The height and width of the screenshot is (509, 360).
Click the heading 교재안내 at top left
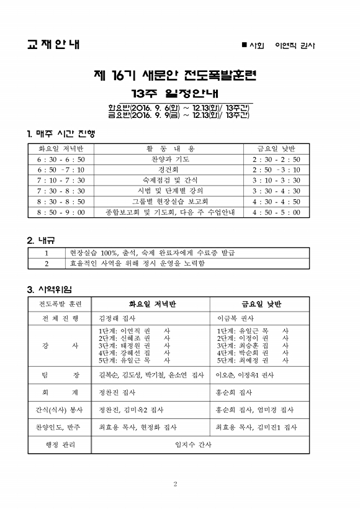(x=53, y=45)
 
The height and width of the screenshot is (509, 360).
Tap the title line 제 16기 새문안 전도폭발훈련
(x=179, y=76)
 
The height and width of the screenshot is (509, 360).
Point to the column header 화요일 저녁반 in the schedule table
(x=61, y=149)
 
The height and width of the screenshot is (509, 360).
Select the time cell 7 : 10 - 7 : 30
(x=61, y=181)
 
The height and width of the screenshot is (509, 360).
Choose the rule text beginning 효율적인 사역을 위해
(x=137, y=263)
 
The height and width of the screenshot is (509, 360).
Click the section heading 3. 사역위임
(x=50, y=289)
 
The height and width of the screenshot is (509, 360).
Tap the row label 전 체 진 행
(x=60, y=318)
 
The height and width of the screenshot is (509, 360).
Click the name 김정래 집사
(x=116, y=318)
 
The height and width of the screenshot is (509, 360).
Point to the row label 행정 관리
(x=60, y=444)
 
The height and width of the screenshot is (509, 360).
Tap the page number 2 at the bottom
(x=176, y=484)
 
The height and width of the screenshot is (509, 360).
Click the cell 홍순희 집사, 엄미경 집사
(x=254, y=410)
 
